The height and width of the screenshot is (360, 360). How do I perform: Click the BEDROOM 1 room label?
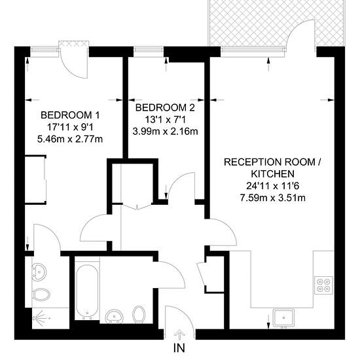(x=70, y=115)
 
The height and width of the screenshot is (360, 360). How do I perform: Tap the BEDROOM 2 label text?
(x=165, y=107)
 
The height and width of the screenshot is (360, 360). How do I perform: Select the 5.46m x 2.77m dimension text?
(x=70, y=139)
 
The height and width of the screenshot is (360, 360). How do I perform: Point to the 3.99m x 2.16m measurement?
(x=166, y=132)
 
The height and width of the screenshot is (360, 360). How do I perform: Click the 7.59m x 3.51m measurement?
(x=273, y=198)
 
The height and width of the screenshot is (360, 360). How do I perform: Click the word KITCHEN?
(x=273, y=174)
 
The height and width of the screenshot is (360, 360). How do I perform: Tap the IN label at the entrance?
(x=179, y=348)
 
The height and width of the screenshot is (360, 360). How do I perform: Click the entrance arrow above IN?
(x=179, y=335)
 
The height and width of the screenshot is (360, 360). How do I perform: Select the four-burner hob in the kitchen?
(x=323, y=285)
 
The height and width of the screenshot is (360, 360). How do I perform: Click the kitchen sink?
(x=283, y=317)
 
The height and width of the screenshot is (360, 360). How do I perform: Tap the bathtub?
(x=87, y=292)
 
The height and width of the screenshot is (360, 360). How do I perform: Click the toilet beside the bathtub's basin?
(x=139, y=314)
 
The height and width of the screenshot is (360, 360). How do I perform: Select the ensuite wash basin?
(x=39, y=272)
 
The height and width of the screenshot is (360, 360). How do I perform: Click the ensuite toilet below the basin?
(x=41, y=295)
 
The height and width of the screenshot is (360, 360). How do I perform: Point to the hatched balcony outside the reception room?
(x=276, y=23)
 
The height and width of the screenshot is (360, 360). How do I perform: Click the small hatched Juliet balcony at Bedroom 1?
(x=73, y=44)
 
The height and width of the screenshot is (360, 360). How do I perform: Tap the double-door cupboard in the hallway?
(x=137, y=184)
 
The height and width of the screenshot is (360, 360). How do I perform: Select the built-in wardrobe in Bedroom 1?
(x=35, y=180)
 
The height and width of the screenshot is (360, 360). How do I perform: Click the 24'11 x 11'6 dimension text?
(x=273, y=186)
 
